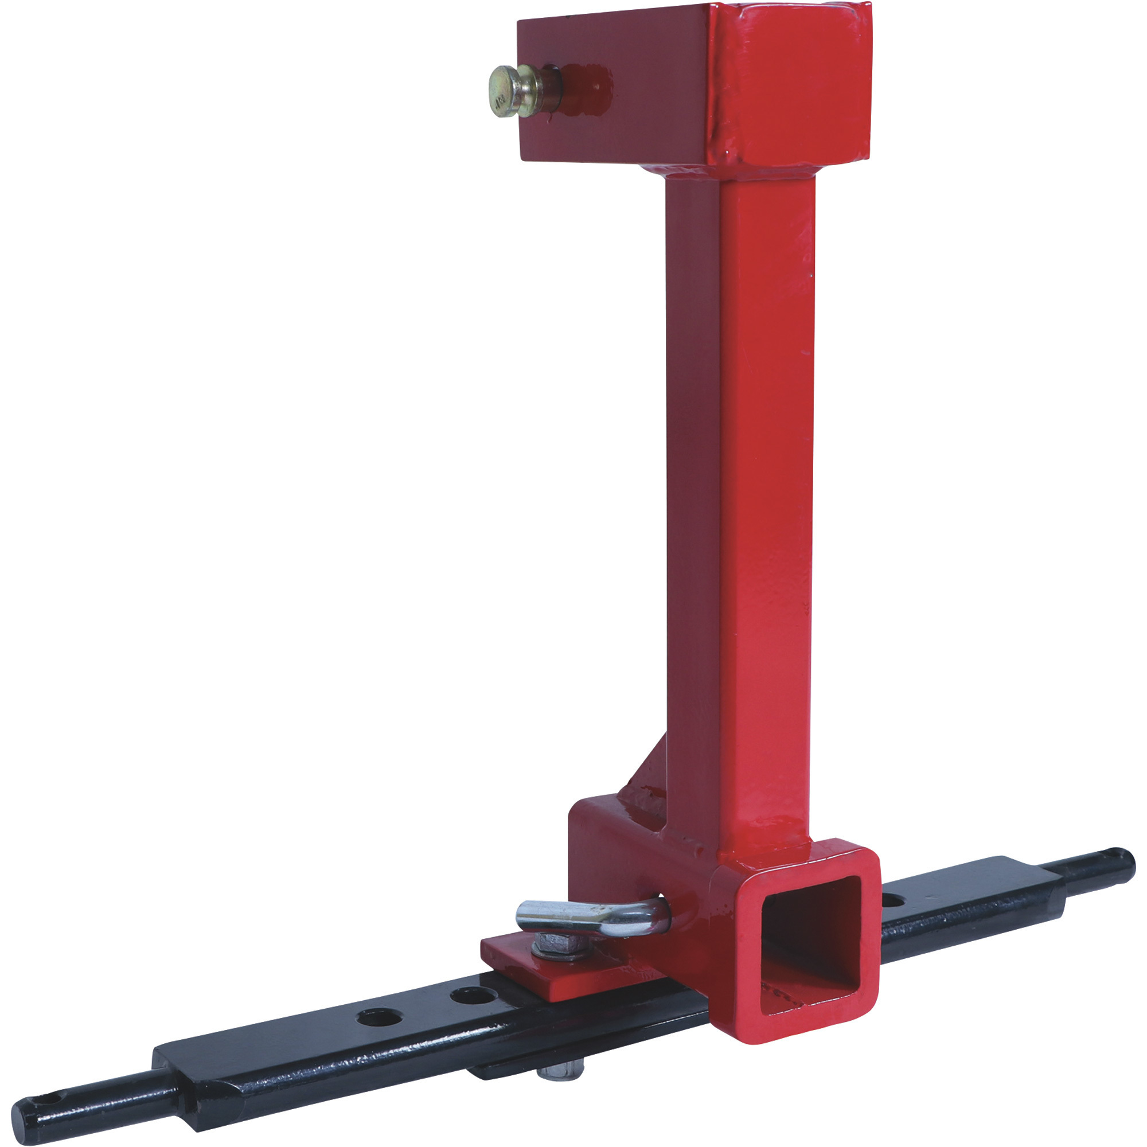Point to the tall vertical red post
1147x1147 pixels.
point(766,475)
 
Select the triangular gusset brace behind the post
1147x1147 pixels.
point(644,772)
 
